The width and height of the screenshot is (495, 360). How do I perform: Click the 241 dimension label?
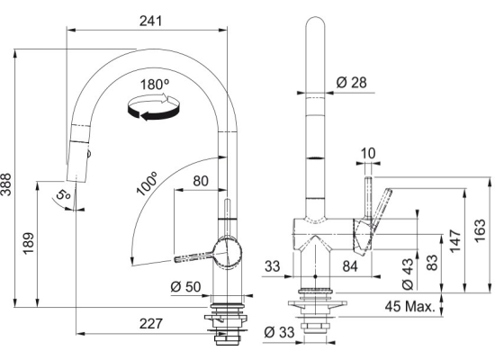pyautogui.click(x=150, y=21)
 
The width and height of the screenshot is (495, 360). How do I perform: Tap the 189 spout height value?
pyautogui.click(x=29, y=244)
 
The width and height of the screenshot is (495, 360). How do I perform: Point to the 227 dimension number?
pyautogui.click(x=151, y=323)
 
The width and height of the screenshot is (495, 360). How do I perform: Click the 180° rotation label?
pyautogui.click(x=155, y=85)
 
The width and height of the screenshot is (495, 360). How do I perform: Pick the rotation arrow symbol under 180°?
pyautogui.click(x=154, y=106)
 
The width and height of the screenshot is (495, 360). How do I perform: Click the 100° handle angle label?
pyautogui.click(x=147, y=184)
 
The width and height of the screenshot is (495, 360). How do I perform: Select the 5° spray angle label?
pyautogui.click(x=63, y=194)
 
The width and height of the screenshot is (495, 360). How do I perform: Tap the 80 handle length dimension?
pyautogui.click(x=201, y=181)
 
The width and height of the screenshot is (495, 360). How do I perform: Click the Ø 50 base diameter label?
pyautogui.click(x=185, y=287)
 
